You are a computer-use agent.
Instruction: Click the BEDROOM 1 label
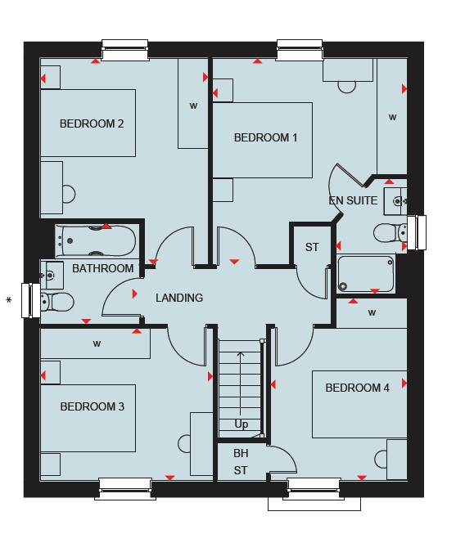(265, 138)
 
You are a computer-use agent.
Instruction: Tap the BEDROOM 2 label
(92, 123)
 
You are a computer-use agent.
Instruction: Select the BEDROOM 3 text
(93, 406)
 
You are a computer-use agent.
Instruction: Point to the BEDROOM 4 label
(357, 388)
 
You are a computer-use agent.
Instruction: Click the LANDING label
(179, 298)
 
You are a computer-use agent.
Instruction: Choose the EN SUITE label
(353, 200)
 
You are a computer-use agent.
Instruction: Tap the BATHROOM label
(103, 268)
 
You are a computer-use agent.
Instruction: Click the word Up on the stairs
(242, 424)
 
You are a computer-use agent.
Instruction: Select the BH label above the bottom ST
(241, 453)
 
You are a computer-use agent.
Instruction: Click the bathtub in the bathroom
(96, 241)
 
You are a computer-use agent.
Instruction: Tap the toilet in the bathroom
(57, 302)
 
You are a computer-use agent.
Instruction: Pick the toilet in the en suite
(391, 232)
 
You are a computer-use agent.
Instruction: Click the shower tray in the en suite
(365, 274)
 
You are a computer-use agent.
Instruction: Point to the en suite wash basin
(395, 201)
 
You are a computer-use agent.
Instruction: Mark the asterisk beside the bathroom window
(9, 300)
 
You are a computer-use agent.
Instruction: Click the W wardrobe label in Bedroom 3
(97, 343)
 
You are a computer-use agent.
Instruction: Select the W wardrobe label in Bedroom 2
(193, 105)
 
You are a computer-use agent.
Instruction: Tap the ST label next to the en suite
(312, 247)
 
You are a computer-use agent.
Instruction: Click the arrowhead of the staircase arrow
(241, 354)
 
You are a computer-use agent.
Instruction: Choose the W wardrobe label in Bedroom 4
(372, 312)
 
